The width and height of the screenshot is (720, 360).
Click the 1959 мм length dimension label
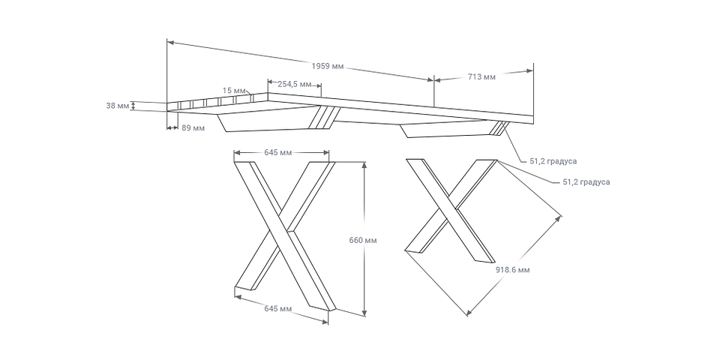(x=328, y=67)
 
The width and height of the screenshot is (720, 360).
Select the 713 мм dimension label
(x=480, y=76)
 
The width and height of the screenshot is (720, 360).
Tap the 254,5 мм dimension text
(x=294, y=84)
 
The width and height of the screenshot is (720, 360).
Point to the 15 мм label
(x=234, y=91)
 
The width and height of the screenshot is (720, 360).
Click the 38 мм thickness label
(x=117, y=106)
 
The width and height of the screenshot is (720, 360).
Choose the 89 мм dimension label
(x=193, y=128)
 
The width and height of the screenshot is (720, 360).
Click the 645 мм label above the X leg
(x=277, y=153)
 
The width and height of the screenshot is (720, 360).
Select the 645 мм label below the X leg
(x=278, y=309)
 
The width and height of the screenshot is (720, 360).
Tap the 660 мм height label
(x=363, y=240)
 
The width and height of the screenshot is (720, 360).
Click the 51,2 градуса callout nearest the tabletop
(x=553, y=160)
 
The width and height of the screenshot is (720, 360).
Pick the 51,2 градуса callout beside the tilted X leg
(x=586, y=181)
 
